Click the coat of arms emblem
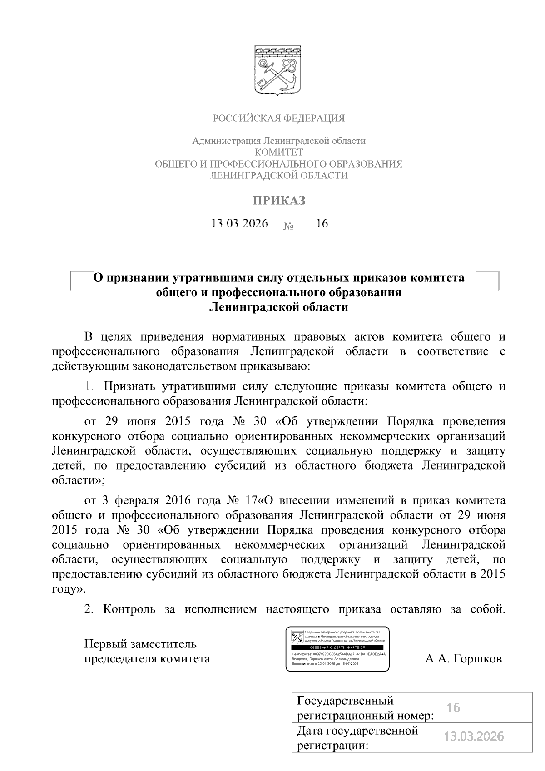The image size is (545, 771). pos(278,69)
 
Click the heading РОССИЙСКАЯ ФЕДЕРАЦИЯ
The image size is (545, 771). pos(279,119)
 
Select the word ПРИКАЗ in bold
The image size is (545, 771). pos(279,200)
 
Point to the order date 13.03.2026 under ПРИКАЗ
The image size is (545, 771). pos(240,223)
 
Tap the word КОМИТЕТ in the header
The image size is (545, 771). pos(279,152)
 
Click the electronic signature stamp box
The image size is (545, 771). pos(337,649)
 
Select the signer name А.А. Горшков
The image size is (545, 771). pos(463,658)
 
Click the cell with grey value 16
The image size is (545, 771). pos(486,707)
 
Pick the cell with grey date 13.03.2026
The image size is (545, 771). pos(486,736)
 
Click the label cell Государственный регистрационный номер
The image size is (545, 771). pos(366,707)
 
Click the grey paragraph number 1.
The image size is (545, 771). pos(89,386)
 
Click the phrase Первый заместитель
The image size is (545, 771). pos(140,644)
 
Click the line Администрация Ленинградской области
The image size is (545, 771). pos(279,141)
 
